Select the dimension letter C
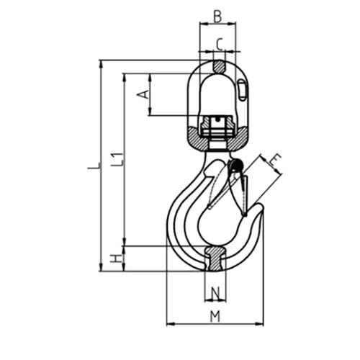pos(218,43)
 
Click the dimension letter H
pos(115,258)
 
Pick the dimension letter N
pos(215,292)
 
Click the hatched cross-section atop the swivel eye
pos(219,67)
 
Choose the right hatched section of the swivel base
pos(239,134)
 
